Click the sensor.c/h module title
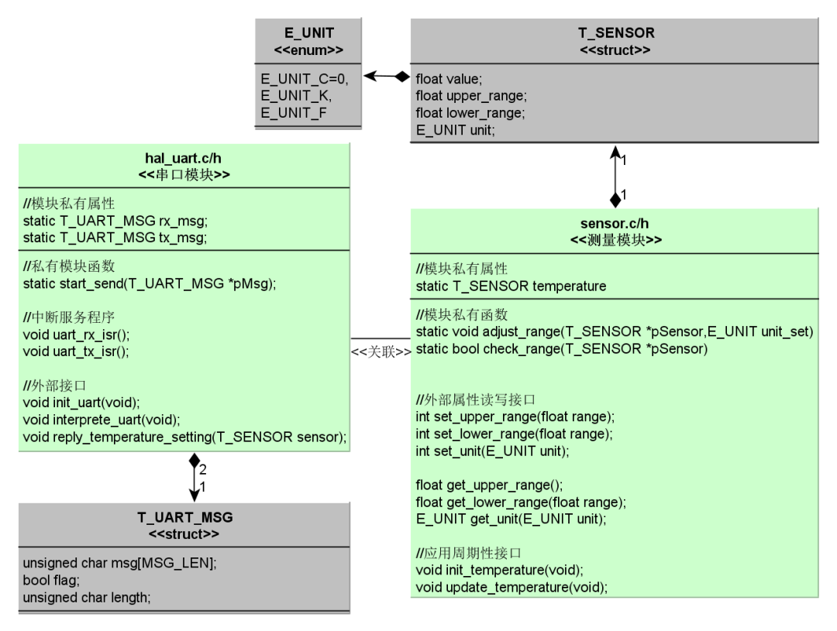coord(615,225)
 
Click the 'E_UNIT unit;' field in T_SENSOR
coord(456,130)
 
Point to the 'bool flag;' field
coord(47,578)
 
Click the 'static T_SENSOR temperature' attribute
coord(511,286)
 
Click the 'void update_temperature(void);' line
coord(511,587)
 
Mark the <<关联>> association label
coord(381,352)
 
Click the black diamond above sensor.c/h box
coord(615,201)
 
